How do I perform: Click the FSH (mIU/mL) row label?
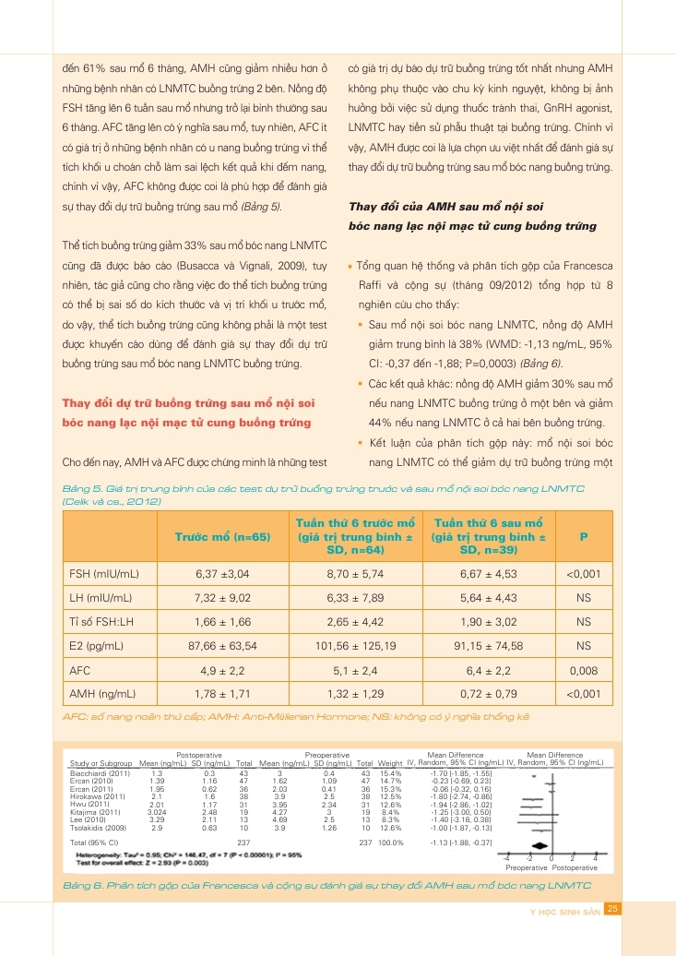[x=104, y=574]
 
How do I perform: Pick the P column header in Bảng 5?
[x=583, y=535]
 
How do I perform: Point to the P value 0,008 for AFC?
[x=583, y=670]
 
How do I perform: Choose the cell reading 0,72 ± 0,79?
[x=489, y=694]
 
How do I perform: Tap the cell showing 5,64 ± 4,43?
[x=489, y=598]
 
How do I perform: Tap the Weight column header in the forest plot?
[x=390, y=763]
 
